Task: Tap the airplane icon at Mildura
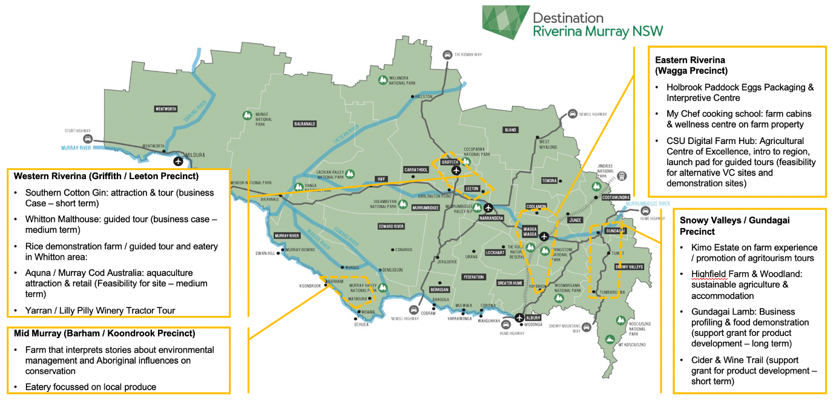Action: point(178,161)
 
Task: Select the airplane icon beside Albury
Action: point(519,318)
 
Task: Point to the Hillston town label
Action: point(423,97)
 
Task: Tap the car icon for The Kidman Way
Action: point(447,54)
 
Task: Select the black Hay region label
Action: point(381,179)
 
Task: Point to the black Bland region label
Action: point(510,129)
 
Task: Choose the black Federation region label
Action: point(473,277)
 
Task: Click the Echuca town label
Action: point(361,324)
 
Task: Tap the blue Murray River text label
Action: point(76,147)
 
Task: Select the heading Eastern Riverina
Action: point(690,60)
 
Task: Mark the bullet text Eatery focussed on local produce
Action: point(90,387)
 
